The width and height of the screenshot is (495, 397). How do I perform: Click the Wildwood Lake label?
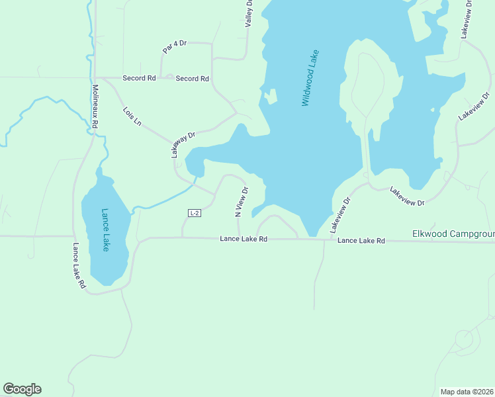point(310,78)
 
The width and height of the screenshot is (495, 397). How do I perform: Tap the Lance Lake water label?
point(105,230)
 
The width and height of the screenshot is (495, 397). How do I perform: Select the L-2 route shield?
point(194,213)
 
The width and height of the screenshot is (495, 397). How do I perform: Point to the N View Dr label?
point(241,202)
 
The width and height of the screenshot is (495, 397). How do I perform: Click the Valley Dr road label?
point(249,13)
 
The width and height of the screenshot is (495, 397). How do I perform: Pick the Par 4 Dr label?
point(175,47)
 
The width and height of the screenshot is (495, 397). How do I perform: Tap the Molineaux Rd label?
point(95,106)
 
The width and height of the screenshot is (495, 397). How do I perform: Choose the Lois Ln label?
point(132,116)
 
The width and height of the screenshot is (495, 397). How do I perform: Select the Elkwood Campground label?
point(453,234)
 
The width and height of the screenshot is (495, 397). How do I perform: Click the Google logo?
point(22,389)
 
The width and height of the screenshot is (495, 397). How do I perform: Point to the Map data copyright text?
point(467,392)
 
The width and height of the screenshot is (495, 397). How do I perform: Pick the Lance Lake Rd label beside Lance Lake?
point(79,265)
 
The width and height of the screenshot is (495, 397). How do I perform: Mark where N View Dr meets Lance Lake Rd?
point(239,238)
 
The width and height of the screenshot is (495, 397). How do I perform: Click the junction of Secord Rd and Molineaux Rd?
point(95,78)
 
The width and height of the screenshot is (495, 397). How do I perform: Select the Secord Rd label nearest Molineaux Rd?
point(139,78)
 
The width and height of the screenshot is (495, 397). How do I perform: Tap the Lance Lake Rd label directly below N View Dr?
point(244,239)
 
